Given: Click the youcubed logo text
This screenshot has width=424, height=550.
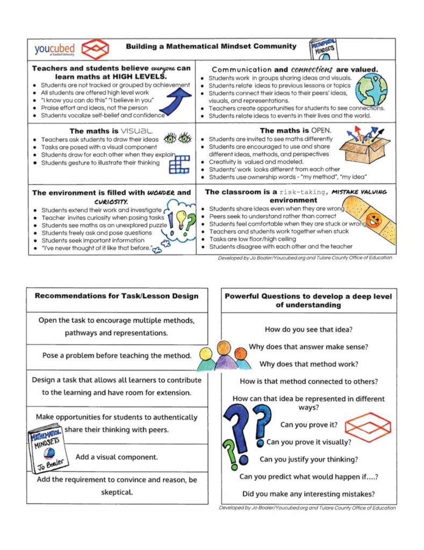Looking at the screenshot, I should click(x=54, y=49).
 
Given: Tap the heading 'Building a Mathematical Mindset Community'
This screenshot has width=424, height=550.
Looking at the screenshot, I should click(x=211, y=46).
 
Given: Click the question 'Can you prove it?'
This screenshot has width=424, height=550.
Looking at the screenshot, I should click(x=308, y=424).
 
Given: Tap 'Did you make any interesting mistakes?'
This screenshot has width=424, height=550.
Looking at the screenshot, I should click(x=308, y=494).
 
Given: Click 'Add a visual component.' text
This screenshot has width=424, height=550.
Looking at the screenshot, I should click(x=117, y=457).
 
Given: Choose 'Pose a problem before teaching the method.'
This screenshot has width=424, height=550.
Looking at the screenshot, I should click(x=117, y=355).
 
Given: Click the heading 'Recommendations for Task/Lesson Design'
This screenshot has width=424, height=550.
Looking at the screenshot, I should click(x=117, y=295).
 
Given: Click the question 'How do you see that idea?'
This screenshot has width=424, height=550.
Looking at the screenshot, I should click(x=308, y=329).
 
